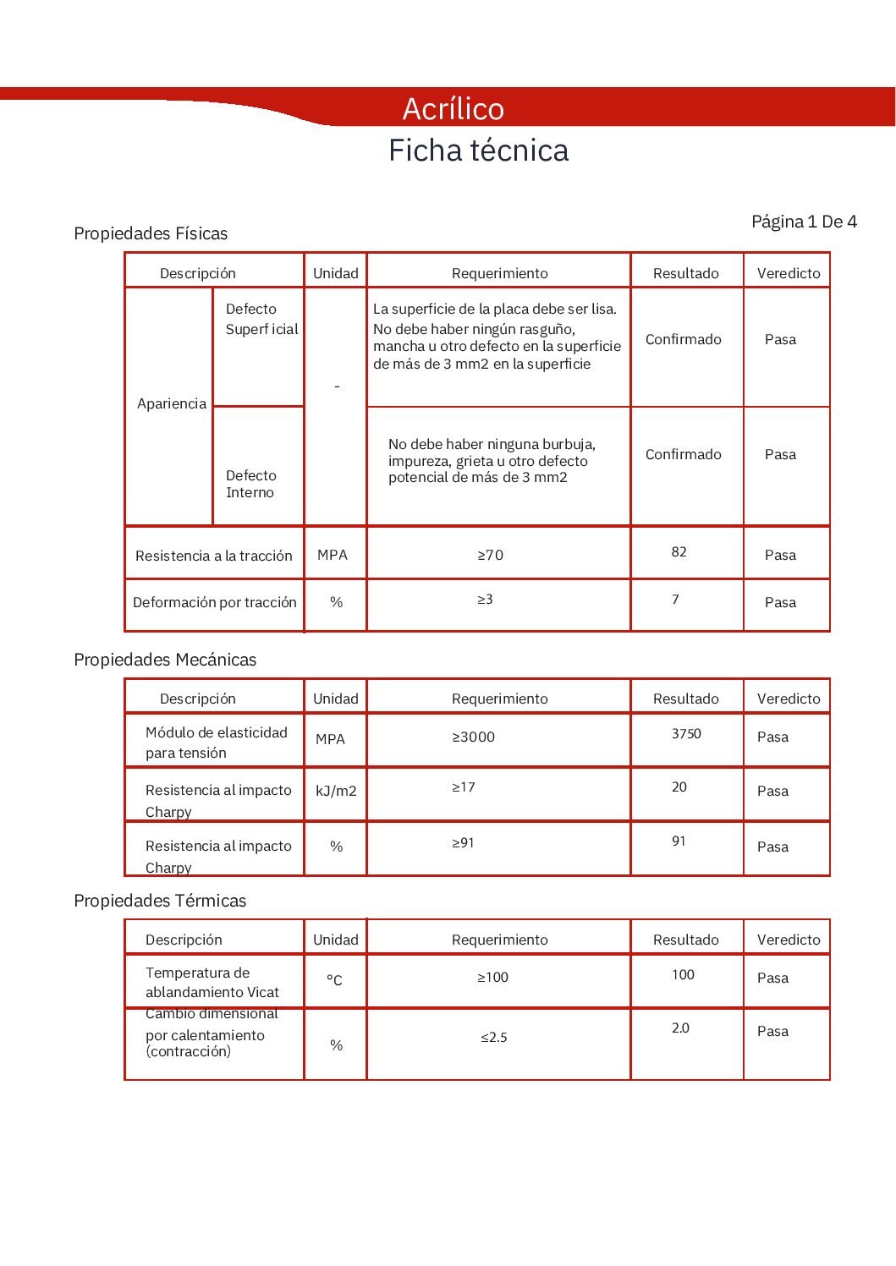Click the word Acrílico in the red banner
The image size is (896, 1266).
(453, 109)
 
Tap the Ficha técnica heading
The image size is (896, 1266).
(478, 151)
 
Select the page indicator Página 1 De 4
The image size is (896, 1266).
(804, 222)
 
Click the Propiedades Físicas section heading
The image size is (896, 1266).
(151, 233)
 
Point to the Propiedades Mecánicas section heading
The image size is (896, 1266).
(165, 660)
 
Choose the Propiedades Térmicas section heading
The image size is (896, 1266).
(160, 901)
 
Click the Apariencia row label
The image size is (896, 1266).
(172, 403)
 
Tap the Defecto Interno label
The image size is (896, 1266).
(250, 484)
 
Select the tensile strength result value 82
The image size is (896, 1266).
(679, 552)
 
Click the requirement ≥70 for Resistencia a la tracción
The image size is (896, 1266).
(490, 556)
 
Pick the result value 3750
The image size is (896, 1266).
(686, 734)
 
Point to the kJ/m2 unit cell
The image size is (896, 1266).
(336, 791)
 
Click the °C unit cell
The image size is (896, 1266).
(334, 980)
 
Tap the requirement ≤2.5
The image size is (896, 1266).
(494, 1038)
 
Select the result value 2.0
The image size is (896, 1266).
(680, 1028)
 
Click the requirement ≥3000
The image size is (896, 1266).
(473, 737)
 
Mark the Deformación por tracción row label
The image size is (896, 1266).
(215, 602)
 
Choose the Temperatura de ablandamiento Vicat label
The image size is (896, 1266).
(212, 983)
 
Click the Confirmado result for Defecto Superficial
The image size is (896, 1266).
(683, 339)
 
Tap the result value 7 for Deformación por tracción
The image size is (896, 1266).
(675, 600)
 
